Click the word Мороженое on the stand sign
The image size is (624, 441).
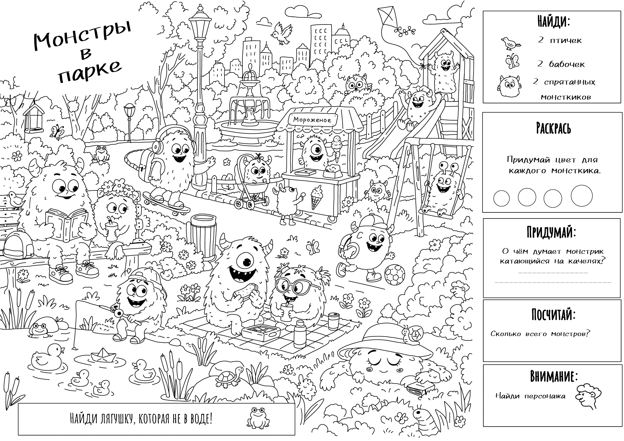pos(312,120)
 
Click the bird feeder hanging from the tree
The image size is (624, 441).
pos(34,118)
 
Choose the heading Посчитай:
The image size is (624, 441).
pos(553,314)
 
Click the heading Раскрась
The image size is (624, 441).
pos(553,128)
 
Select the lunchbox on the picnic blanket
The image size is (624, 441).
pos(261,333)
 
